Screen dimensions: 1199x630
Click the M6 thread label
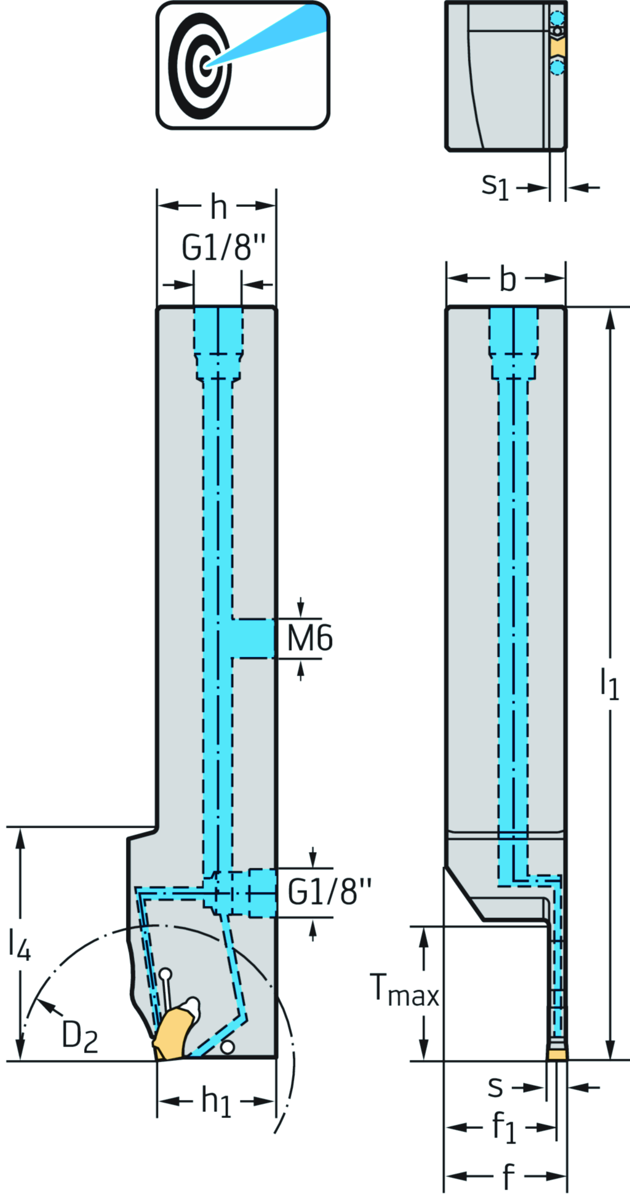click(310, 638)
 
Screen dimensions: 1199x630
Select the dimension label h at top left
click(218, 207)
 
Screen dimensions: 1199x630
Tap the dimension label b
click(508, 279)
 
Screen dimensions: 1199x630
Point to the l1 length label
click(609, 683)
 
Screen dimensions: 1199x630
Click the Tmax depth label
click(405, 991)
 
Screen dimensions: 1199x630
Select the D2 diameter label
click(79, 1036)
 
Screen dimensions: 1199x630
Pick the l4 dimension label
click(19, 944)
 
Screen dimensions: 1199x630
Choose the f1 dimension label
click(504, 1127)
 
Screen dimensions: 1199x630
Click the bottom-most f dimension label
click(508, 1176)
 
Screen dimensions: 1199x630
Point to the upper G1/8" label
click(223, 248)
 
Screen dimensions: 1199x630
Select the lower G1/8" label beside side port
click(330, 891)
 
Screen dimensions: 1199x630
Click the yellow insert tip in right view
click(557, 1055)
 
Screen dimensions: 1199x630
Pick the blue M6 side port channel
click(253, 638)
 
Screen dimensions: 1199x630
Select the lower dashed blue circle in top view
click(557, 66)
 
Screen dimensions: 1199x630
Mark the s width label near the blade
click(495, 1087)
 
